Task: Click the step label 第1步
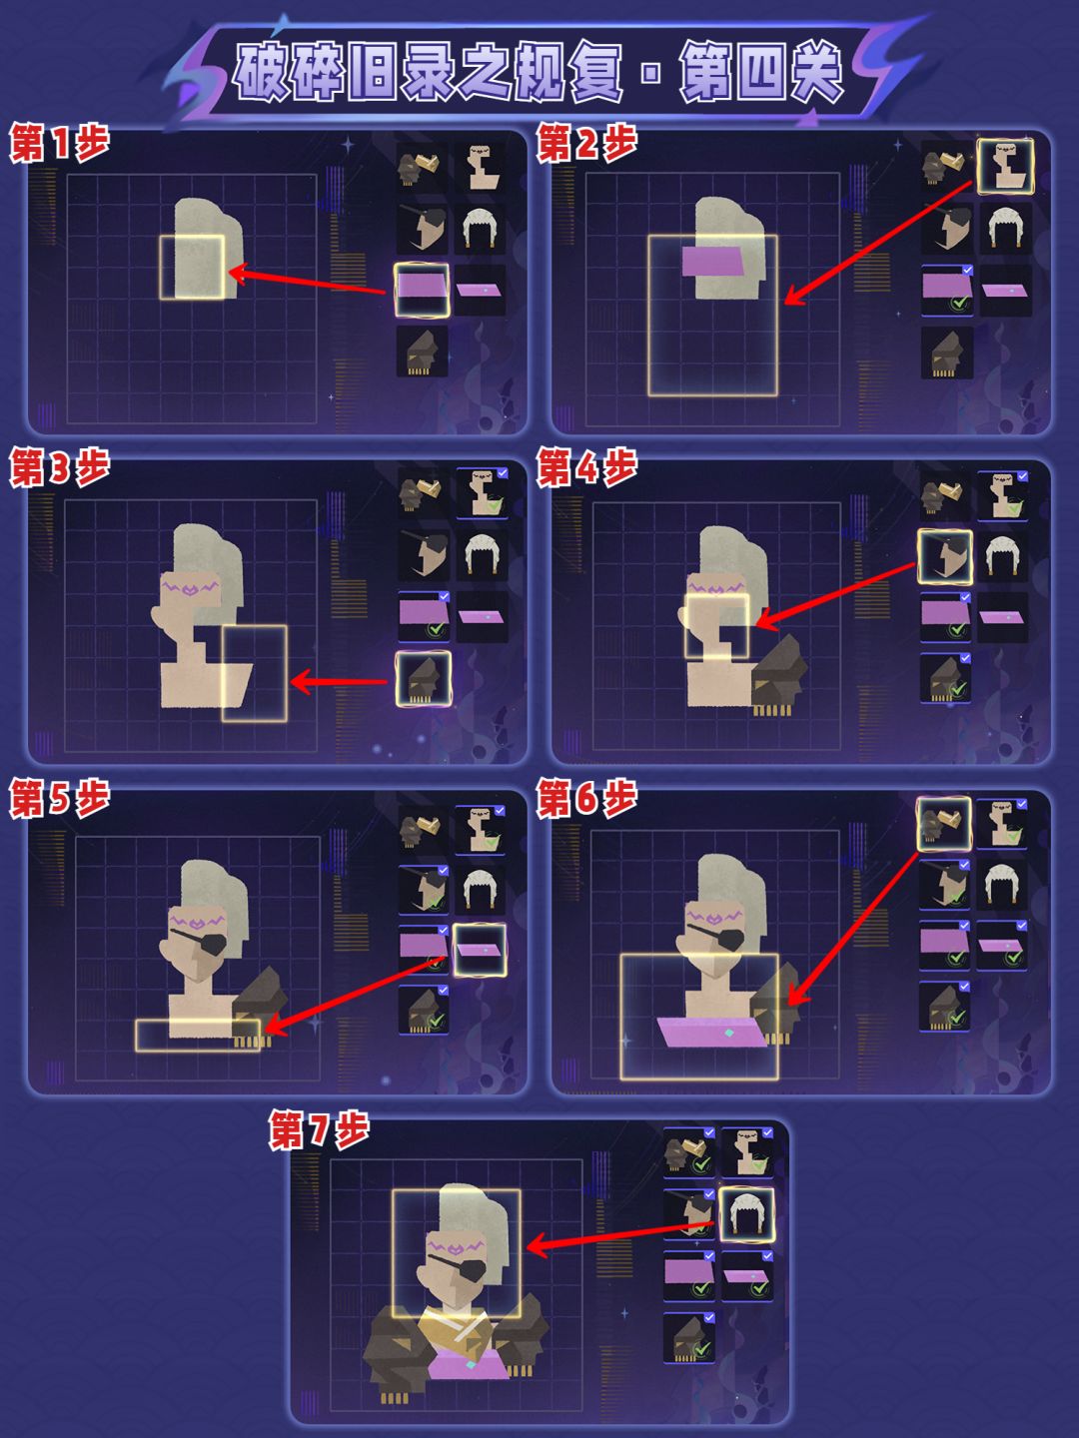click(59, 144)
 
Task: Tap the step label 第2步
click(586, 144)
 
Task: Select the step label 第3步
click(59, 467)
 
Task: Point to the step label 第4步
click(586, 467)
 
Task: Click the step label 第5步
click(59, 799)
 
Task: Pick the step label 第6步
click(586, 799)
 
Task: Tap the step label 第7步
click(319, 1130)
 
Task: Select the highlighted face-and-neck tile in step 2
click(1005, 166)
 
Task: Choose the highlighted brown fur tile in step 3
click(424, 679)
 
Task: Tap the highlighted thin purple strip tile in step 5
click(481, 950)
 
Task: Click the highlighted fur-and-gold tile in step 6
click(943, 824)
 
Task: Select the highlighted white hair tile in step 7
click(746, 1213)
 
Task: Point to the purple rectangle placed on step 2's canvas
click(711, 262)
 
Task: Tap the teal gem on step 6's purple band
click(729, 1034)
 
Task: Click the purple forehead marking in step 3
click(191, 585)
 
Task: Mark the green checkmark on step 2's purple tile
click(959, 303)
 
